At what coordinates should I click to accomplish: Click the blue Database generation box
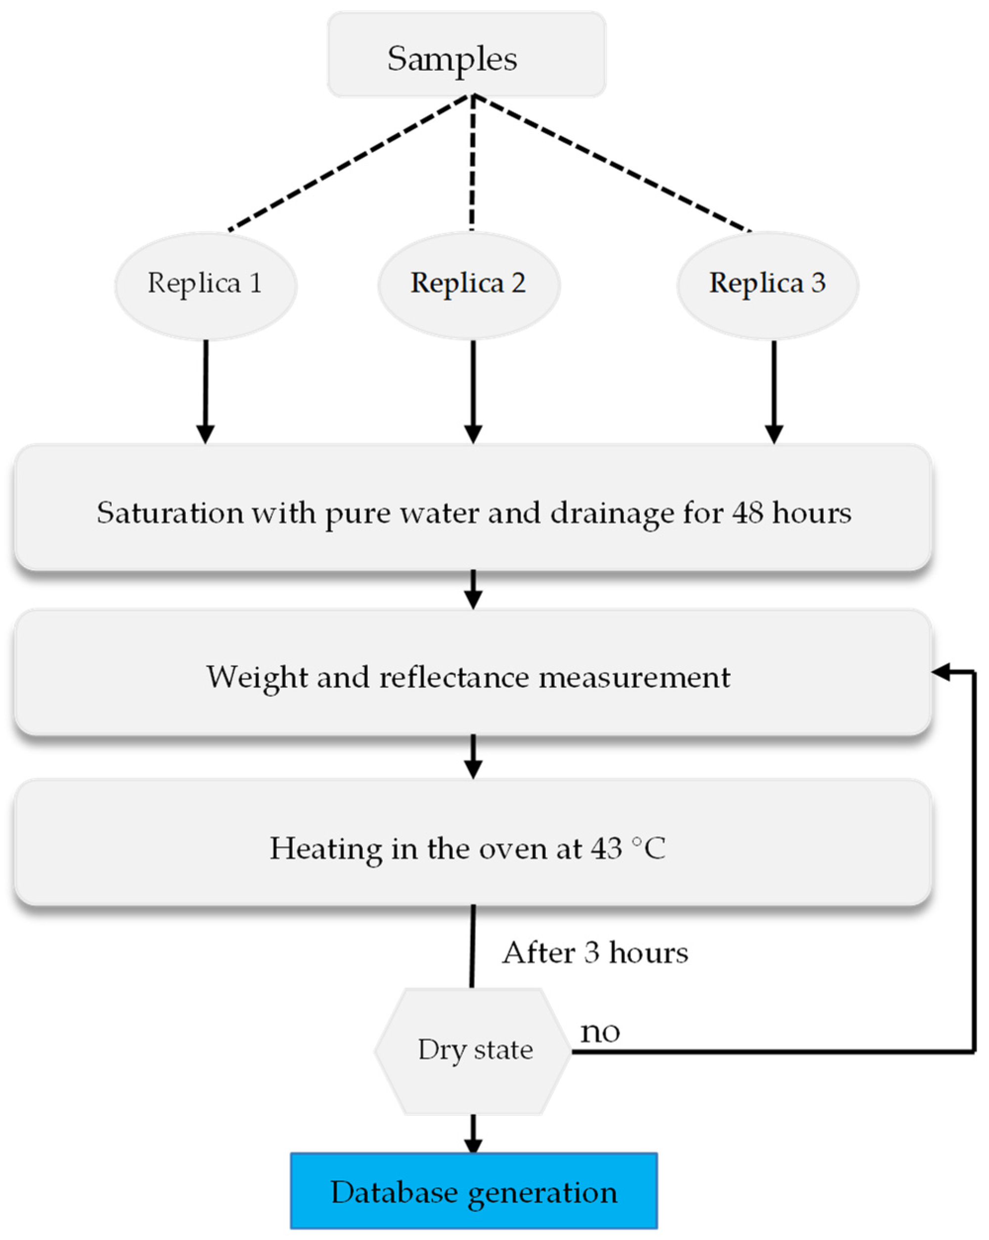pos(474,1191)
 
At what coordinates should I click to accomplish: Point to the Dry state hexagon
pos(474,1050)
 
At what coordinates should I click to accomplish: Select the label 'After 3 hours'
pos(595,953)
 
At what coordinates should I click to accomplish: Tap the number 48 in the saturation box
pos(747,513)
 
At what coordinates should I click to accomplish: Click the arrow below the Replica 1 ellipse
pos(206,391)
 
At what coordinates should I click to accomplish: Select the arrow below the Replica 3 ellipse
pos(774,391)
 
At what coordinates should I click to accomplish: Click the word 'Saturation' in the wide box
pos(170,513)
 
